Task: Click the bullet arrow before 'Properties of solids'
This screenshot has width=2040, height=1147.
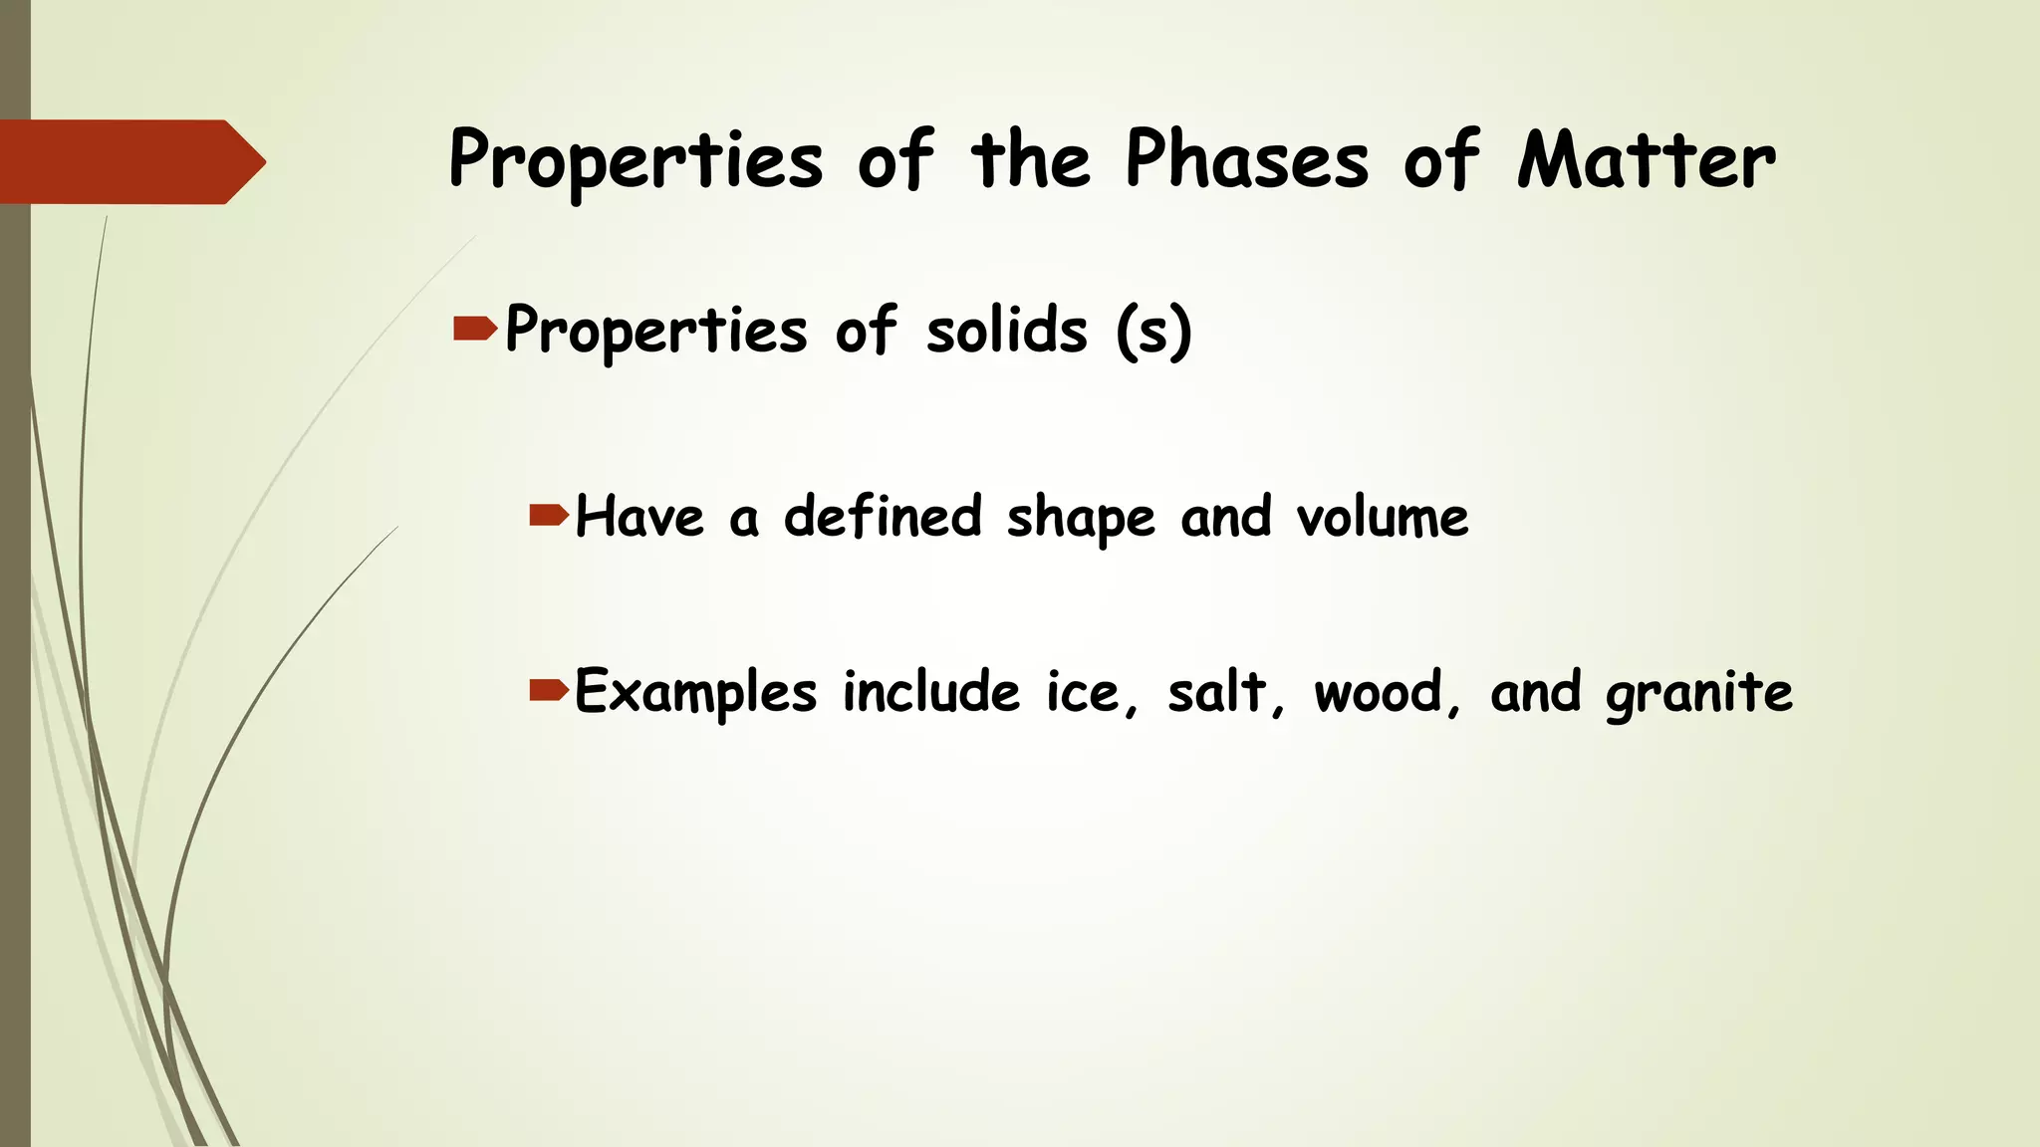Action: (x=475, y=329)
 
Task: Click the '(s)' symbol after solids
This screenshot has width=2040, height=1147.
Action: (x=1153, y=332)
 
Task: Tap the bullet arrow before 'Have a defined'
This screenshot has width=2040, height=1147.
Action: (x=549, y=515)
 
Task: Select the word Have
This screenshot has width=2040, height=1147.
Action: (x=639, y=517)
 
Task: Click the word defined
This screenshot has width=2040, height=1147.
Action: (x=883, y=516)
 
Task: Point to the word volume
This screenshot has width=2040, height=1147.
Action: (x=1382, y=517)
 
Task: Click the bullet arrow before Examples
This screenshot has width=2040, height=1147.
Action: (x=549, y=689)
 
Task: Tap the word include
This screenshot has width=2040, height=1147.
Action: (x=931, y=691)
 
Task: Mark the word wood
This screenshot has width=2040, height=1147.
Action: (x=1379, y=692)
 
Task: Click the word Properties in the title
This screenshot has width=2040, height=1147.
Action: (x=636, y=161)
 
